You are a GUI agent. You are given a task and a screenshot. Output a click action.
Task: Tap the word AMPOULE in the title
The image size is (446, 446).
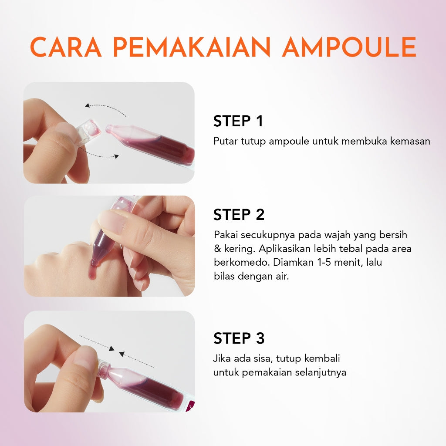tap(349, 47)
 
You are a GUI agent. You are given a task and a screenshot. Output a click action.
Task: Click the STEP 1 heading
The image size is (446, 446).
tap(238, 122)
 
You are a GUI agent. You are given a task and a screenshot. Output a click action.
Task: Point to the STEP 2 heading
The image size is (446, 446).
tap(239, 215)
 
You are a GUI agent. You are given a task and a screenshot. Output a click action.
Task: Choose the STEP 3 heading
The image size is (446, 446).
tap(239, 338)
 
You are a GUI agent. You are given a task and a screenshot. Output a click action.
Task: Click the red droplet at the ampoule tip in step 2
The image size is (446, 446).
tap(94, 263)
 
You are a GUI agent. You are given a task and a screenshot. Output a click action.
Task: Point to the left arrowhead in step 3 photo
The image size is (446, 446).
tap(111, 348)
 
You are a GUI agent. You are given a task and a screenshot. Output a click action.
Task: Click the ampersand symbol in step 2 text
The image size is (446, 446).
tap(217, 249)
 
